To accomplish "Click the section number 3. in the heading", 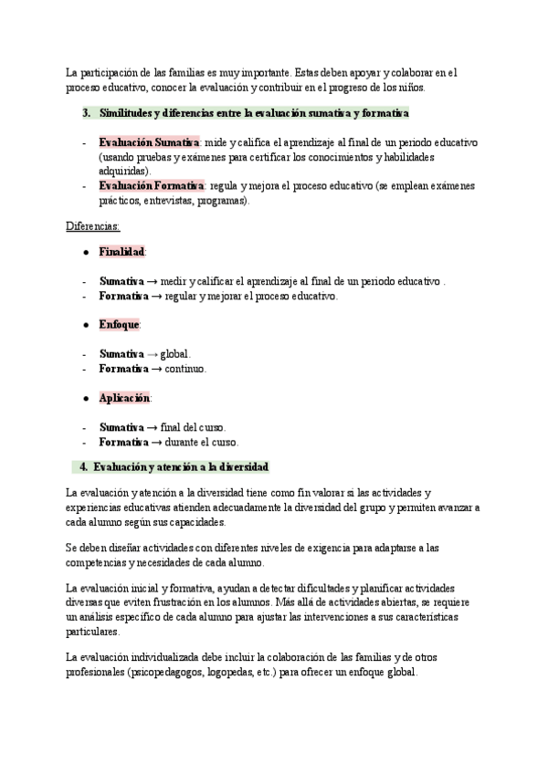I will (x=85, y=113).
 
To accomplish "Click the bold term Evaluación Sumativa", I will (x=150, y=143).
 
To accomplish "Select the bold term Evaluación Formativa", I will (x=152, y=185).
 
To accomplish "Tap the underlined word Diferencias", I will (x=93, y=225).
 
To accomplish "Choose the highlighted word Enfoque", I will (x=120, y=324).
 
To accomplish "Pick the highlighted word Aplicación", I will (x=125, y=398).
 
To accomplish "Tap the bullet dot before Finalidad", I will (x=86, y=251).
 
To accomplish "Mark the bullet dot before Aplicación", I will (x=86, y=398).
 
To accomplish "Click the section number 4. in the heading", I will (x=84, y=467).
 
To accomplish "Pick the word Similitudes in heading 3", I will (x=126, y=113).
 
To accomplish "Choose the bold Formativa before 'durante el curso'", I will (x=123, y=443).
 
